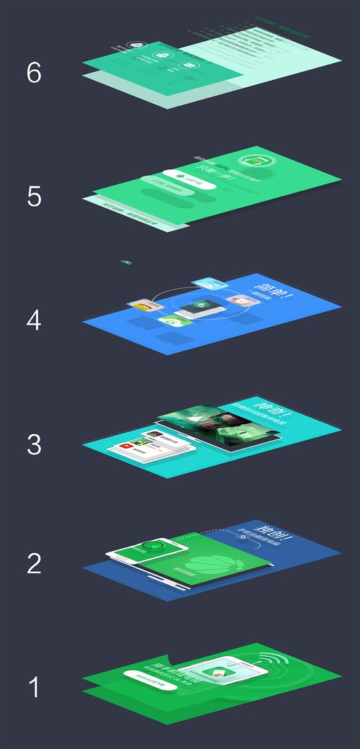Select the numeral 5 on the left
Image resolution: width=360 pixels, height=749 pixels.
click(x=34, y=196)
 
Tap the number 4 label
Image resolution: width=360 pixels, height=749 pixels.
click(x=34, y=320)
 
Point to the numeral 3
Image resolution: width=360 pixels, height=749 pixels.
click(x=34, y=444)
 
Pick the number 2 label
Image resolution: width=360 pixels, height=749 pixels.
click(x=34, y=564)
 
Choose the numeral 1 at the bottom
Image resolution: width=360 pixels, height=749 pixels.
click(x=34, y=688)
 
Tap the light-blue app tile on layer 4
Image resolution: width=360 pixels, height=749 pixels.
click(x=207, y=284)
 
